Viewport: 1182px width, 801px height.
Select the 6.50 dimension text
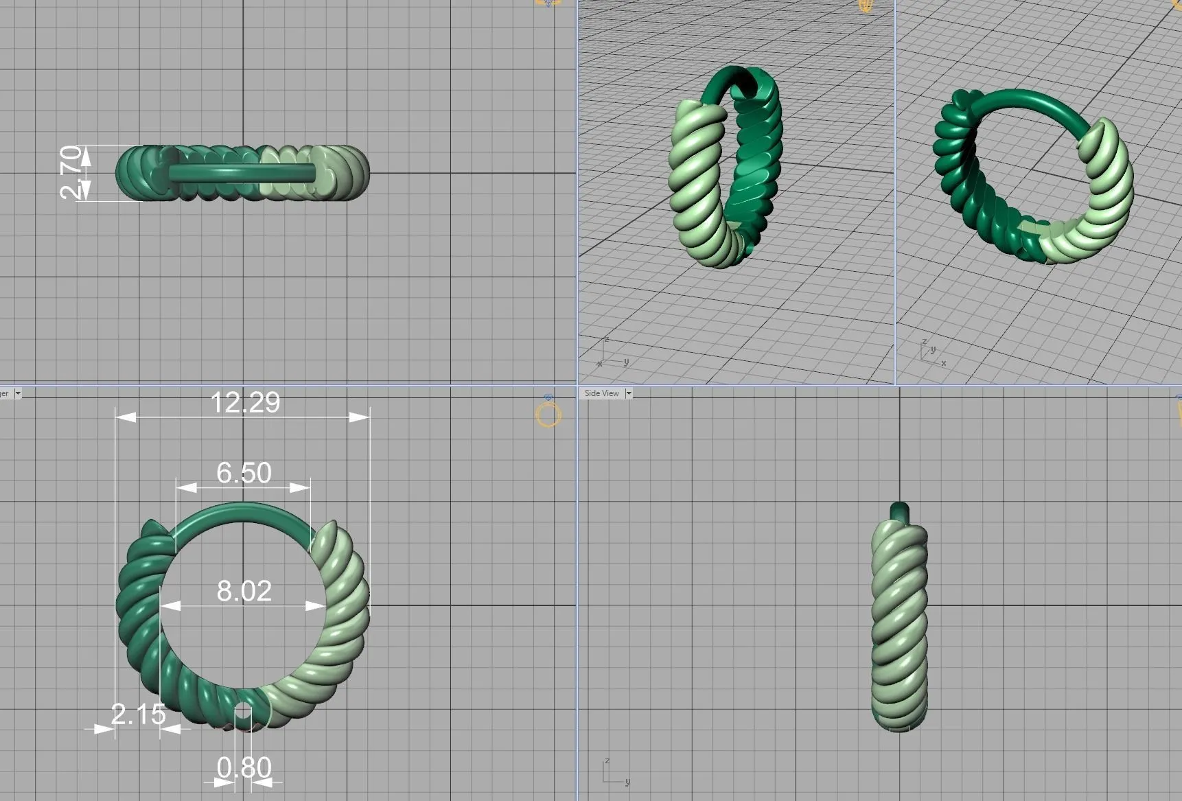(x=244, y=473)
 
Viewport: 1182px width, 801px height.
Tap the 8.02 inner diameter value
(x=244, y=591)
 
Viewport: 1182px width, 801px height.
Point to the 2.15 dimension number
(x=139, y=715)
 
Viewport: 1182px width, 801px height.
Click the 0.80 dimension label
(x=244, y=767)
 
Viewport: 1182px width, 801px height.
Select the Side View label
(x=601, y=393)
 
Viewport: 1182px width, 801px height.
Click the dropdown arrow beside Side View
(x=628, y=393)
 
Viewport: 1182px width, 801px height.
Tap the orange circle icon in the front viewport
(x=548, y=415)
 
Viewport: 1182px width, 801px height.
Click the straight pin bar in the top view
(x=240, y=172)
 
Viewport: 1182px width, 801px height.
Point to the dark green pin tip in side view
(x=899, y=511)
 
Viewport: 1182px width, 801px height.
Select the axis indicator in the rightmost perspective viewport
(x=931, y=351)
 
